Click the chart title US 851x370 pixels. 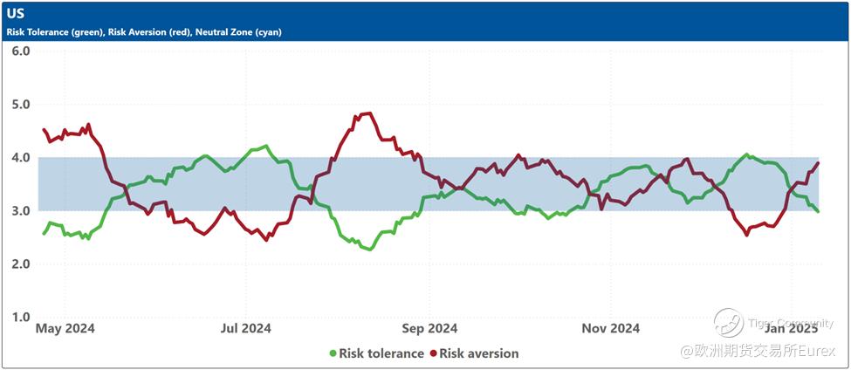click(16, 14)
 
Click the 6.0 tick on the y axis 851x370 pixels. click(21, 51)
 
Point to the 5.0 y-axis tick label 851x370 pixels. click(21, 105)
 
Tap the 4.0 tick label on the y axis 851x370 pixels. click(21, 158)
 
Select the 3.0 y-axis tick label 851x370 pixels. click(21, 211)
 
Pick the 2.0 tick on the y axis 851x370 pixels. click(21, 264)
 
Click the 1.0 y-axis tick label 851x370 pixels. click(21, 318)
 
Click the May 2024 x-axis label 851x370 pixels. click(65, 329)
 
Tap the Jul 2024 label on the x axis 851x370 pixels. click(245, 329)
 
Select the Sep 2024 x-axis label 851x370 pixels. click(429, 329)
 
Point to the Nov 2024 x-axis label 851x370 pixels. click(611, 329)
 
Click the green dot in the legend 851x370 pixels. click(333, 353)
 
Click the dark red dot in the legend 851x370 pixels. click(433, 353)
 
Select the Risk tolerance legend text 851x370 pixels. click(381, 353)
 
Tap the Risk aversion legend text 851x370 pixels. click(479, 353)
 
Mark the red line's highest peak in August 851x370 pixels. click(367, 113)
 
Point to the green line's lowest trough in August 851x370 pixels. click(371, 250)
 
